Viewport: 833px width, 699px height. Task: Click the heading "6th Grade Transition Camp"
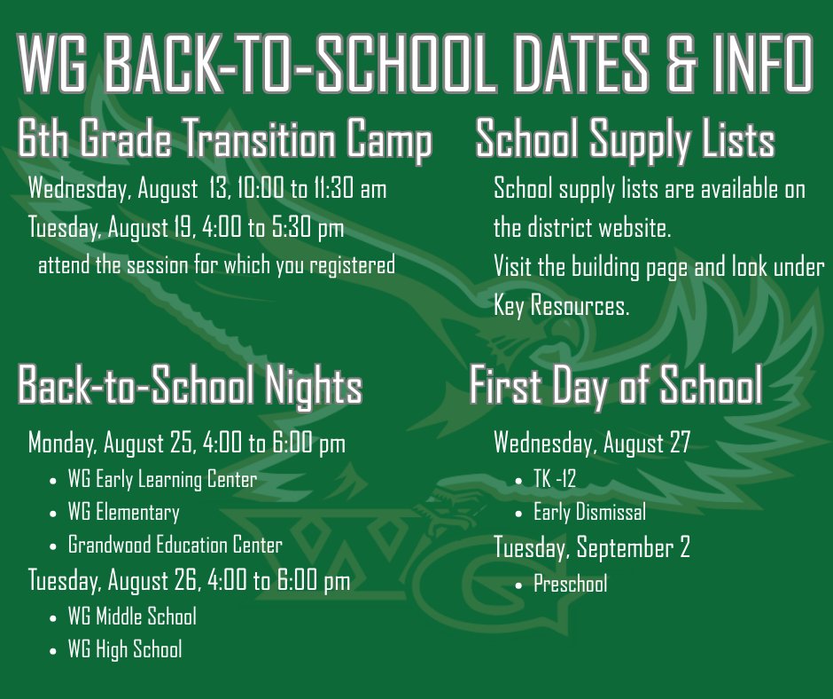(225, 141)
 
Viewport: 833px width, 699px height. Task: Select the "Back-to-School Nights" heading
(190, 387)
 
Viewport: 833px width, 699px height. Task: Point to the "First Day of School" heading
(615, 386)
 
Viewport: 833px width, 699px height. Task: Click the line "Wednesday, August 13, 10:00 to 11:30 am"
(207, 189)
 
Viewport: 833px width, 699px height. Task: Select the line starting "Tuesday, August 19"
(186, 229)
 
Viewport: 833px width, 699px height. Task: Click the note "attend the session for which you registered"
(216, 265)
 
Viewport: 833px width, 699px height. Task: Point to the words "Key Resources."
(561, 307)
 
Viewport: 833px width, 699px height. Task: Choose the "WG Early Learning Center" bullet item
(162, 480)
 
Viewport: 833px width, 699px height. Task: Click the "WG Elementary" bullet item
(123, 513)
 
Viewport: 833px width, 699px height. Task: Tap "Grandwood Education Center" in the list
(175, 546)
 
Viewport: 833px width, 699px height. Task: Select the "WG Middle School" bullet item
(132, 616)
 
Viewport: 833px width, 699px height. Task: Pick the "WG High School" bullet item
(125, 649)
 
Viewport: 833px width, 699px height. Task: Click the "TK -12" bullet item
(554, 480)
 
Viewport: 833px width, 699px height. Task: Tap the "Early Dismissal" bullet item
(589, 512)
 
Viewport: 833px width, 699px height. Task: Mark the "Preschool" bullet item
(570, 584)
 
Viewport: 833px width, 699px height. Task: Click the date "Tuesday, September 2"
(591, 548)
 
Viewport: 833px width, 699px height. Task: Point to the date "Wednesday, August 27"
(591, 442)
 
